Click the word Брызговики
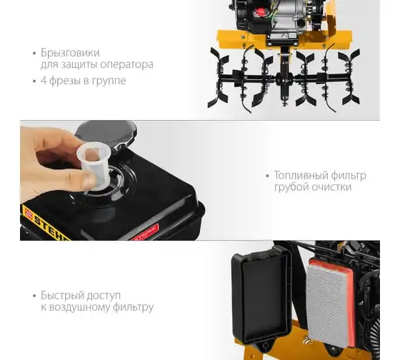70,53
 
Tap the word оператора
126,65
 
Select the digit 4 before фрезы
44,81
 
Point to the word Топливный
301,176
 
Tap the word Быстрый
62,296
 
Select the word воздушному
79,307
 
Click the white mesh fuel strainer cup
94,165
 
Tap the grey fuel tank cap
106,134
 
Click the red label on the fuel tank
146,232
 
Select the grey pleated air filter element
327,304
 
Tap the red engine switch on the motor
261,11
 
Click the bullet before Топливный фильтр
267,176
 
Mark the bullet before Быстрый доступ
35,296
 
